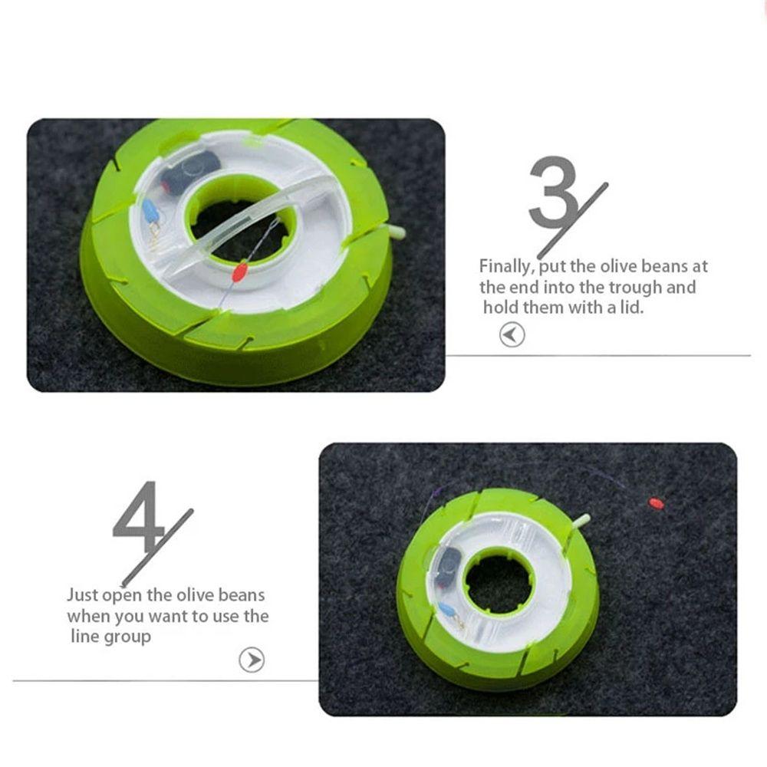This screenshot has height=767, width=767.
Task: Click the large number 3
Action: [x=554, y=192]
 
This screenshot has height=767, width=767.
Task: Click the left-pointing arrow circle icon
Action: [x=512, y=335]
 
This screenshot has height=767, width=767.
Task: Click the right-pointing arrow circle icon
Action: [x=252, y=660]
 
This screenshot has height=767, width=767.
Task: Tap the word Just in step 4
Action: [x=83, y=594]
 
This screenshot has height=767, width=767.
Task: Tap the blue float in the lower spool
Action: [x=446, y=611]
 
